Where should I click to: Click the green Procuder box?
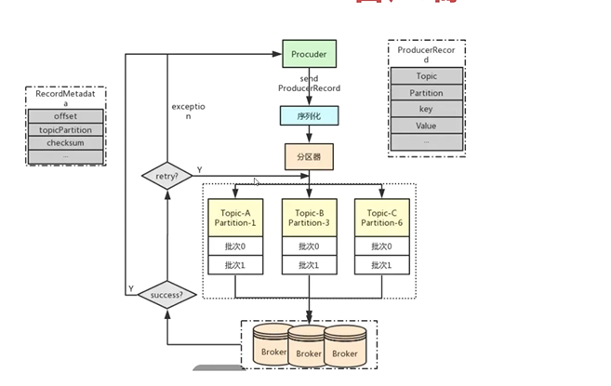(308, 54)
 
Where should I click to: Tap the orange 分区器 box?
(309, 155)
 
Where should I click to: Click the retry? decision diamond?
(165, 175)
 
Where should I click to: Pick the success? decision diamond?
(166, 296)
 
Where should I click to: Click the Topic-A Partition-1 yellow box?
(234, 217)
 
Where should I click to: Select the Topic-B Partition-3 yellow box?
(309, 217)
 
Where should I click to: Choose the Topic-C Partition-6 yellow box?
(382, 217)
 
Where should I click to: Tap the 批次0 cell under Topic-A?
(234, 246)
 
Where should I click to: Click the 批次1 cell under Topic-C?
(382, 265)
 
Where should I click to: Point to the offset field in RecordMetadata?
(65, 116)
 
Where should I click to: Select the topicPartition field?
(65, 130)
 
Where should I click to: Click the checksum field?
(65, 143)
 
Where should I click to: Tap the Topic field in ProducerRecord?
(426, 76)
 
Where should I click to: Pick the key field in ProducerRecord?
(426, 109)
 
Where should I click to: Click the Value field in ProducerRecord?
(426, 126)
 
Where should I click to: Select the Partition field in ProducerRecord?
(426, 93)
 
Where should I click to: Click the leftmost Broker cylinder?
(273, 349)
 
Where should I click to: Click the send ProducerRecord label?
(309, 84)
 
